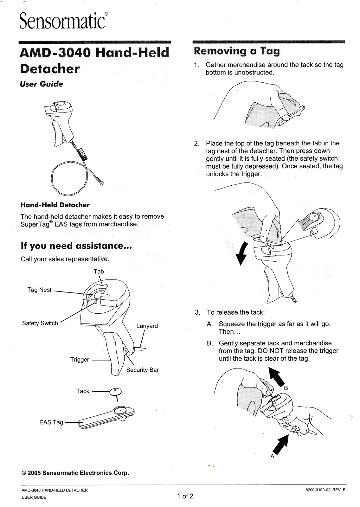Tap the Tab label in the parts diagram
click(99, 272)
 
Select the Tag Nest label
click(39, 290)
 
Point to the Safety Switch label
click(40, 323)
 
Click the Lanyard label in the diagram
click(147, 326)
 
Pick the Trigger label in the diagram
click(80, 360)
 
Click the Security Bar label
click(142, 370)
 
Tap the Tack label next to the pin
click(82, 391)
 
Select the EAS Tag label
click(51, 422)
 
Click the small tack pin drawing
click(116, 393)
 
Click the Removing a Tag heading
click(237, 51)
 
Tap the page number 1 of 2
click(185, 496)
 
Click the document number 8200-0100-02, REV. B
click(325, 490)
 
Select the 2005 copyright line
click(75, 473)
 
